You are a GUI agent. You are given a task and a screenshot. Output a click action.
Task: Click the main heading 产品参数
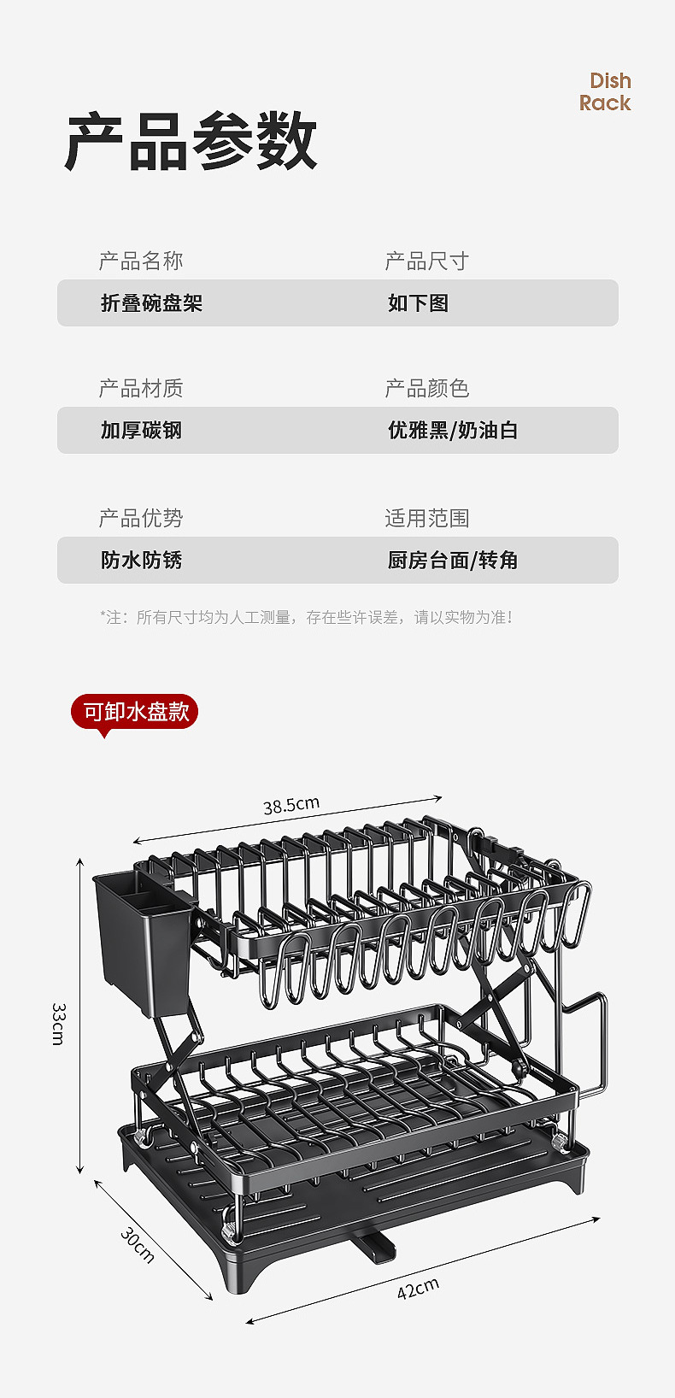pos(191,141)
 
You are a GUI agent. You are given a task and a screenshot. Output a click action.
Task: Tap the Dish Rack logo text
pos(606,92)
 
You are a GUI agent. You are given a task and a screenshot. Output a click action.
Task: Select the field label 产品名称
pos(141,261)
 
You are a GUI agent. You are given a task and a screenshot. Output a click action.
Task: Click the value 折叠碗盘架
pos(151,303)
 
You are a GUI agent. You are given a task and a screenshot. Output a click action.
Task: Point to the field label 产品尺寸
pos(426,261)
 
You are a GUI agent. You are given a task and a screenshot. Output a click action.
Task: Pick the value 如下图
pos(418,303)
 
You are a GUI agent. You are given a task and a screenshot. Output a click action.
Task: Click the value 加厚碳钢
pos(141,430)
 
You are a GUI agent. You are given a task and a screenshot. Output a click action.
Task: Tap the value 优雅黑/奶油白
pos(453,430)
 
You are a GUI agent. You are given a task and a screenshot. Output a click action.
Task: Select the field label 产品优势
pos(141,518)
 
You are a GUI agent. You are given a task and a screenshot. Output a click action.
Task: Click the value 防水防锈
pos(141,561)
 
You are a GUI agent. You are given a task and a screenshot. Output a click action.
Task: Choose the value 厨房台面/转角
pos(453,561)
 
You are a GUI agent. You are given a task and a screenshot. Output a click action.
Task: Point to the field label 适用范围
pos(426,518)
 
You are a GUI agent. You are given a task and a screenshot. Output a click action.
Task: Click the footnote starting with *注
pos(306,617)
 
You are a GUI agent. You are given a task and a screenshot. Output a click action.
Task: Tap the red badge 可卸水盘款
pos(135,712)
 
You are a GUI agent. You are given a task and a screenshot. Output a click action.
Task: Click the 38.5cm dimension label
pos(291,805)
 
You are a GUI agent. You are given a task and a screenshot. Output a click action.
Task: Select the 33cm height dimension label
pos(58,1023)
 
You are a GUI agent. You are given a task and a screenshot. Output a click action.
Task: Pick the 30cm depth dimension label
pos(137,1245)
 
